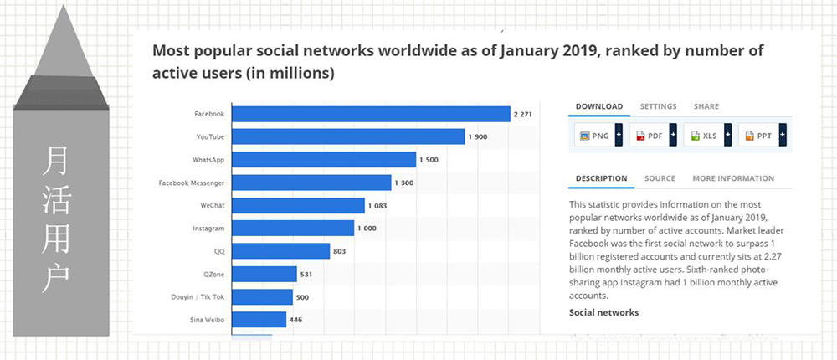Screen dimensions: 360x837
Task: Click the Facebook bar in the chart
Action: (x=371, y=114)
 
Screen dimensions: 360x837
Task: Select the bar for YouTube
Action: (x=348, y=136)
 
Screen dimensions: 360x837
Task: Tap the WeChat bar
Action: (x=298, y=205)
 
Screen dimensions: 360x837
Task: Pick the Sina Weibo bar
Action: (x=259, y=319)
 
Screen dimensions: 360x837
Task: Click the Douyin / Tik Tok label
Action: (x=198, y=296)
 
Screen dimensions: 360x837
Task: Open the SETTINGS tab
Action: (x=658, y=106)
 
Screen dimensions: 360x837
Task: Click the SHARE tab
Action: (x=706, y=106)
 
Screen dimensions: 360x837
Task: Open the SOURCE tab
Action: (x=660, y=178)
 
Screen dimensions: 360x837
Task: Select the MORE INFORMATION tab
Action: (x=733, y=178)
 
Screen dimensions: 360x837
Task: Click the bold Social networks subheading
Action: (x=603, y=312)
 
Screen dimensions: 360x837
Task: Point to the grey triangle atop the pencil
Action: (x=61, y=50)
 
